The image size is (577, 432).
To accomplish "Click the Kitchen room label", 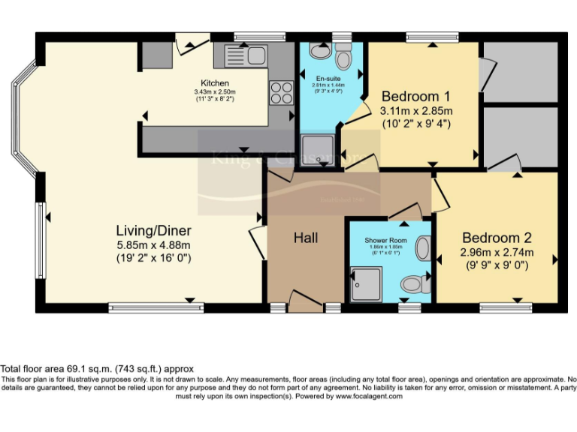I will [x=214, y=82].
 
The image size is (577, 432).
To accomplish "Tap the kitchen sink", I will [x=246, y=55].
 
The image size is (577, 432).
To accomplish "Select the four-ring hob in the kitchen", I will [x=281, y=93].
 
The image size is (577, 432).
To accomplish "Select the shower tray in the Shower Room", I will [x=367, y=282].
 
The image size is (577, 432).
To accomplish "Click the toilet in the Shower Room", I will [x=412, y=284].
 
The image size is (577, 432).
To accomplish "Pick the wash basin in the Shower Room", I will [x=422, y=248].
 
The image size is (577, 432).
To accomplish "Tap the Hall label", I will [x=305, y=238].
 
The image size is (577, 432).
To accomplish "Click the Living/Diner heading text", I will [x=153, y=230].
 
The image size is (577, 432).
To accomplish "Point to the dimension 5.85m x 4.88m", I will [x=153, y=244].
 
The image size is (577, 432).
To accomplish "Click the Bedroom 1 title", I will [x=415, y=96].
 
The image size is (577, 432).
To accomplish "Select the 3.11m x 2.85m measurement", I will [x=415, y=111].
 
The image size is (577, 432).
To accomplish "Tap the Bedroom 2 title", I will [x=497, y=238].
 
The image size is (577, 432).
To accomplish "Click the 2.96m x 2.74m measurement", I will [x=497, y=253].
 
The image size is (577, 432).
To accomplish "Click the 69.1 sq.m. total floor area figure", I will [x=95, y=369].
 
